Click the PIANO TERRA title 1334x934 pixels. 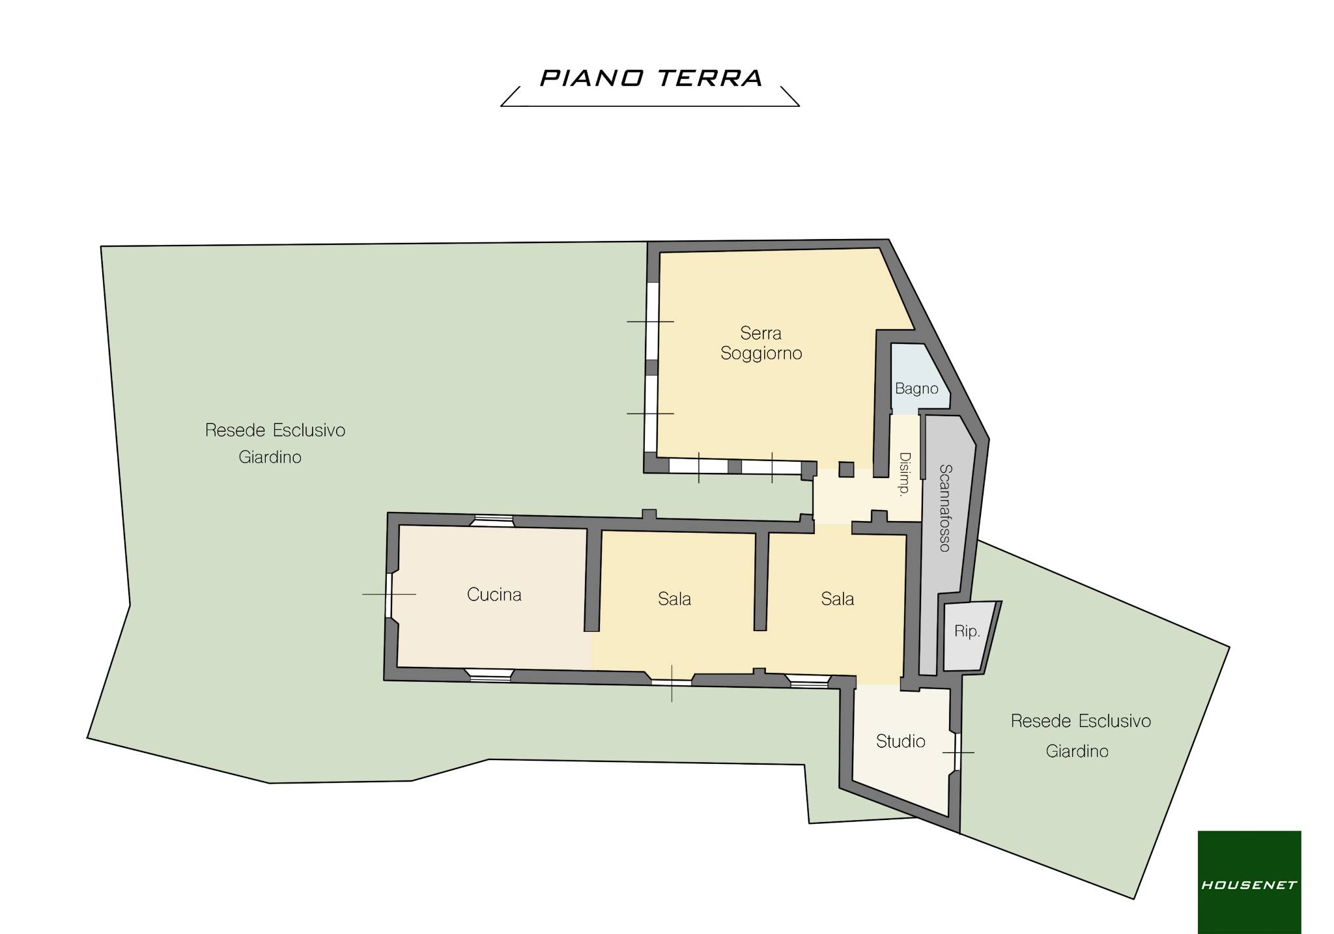651,78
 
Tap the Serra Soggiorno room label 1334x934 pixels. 761,343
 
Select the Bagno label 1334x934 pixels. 916,389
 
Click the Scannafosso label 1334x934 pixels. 945,507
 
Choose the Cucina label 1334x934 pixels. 494,595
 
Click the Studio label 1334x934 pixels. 900,741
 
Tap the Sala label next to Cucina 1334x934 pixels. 674,599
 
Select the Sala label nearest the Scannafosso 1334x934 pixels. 837,599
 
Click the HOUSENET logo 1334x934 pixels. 1249,882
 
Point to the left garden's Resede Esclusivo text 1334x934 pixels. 275,430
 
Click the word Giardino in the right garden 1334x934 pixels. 1077,751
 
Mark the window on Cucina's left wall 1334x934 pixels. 389,595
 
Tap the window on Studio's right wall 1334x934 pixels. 958,752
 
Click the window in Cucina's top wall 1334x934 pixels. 493,520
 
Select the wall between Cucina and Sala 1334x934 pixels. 592,580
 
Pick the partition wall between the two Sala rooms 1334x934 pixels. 761,582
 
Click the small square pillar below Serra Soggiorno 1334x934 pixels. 846,470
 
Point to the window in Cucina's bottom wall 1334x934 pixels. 490,675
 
